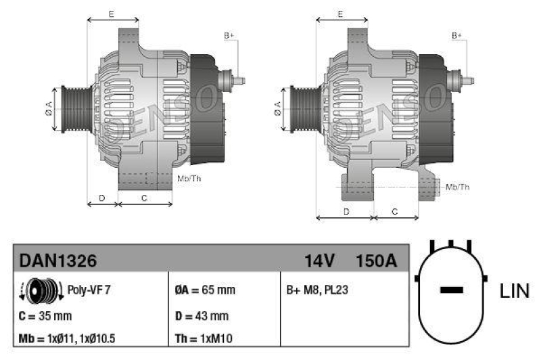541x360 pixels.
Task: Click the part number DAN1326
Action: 58,261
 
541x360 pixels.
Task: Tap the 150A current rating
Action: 376,261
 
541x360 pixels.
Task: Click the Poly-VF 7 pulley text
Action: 89,290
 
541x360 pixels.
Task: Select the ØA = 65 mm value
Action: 204,290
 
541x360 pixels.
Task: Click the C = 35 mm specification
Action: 45,316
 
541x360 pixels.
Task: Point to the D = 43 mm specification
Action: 201,316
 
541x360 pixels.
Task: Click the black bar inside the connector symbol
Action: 451,290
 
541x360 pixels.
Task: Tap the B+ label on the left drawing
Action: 229,35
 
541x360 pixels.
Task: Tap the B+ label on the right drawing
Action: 457,35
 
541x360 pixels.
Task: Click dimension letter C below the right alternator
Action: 395,212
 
